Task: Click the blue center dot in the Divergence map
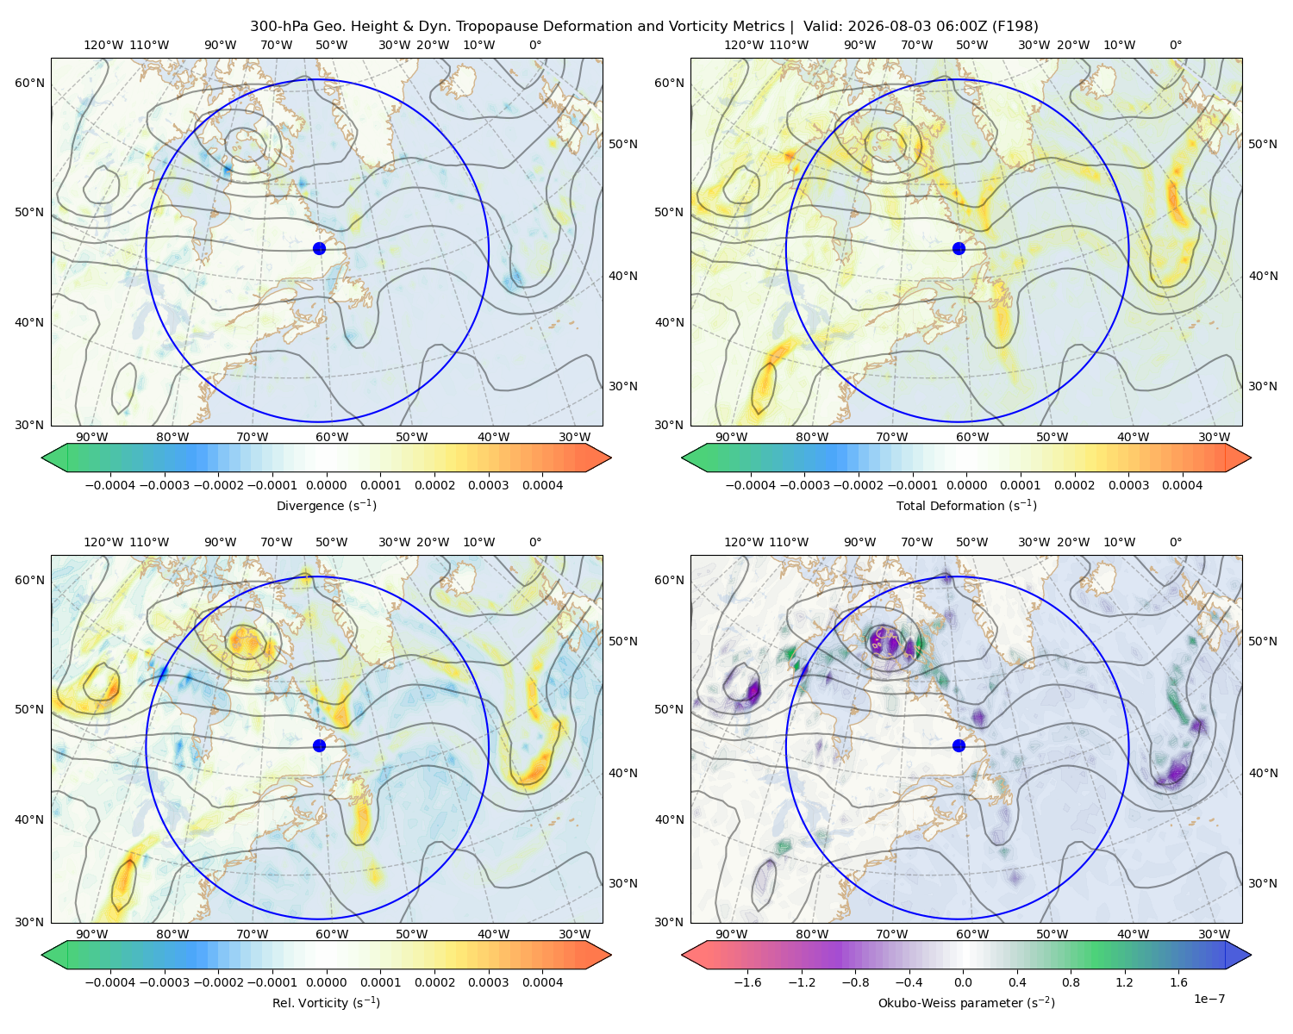tap(319, 249)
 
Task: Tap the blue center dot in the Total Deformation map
tap(959, 249)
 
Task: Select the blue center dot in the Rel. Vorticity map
tap(319, 745)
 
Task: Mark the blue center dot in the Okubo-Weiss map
tap(959, 745)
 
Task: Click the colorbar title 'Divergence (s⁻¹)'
tap(326, 505)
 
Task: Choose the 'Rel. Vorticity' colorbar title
tap(326, 1003)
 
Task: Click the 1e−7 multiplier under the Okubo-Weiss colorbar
tap(1209, 999)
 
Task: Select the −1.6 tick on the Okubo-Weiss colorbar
tap(748, 982)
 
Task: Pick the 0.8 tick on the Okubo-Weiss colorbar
tap(1071, 982)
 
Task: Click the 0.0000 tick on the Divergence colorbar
tap(326, 485)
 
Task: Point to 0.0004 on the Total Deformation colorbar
tap(1183, 485)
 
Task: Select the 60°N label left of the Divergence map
tap(29, 83)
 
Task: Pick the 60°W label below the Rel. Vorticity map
tap(332, 934)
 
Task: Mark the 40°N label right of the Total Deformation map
tap(1263, 276)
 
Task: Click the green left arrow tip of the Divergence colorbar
tap(42, 458)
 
